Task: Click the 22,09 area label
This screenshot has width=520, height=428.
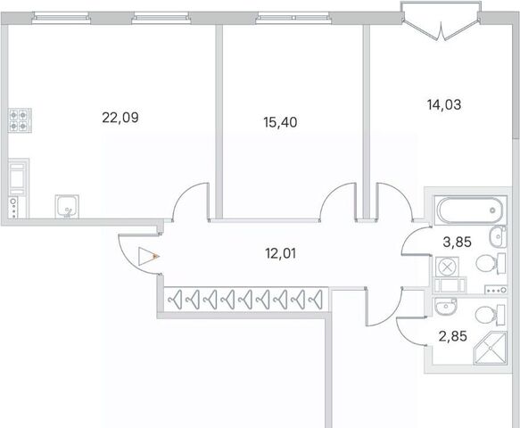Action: click(x=120, y=118)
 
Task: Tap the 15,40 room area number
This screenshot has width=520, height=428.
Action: click(x=280, y=122)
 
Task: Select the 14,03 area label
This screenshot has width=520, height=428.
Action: click(x=444, y=104)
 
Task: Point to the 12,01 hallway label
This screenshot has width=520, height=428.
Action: click(x=281, y=253)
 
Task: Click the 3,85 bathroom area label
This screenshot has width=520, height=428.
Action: click(x=457, y=243)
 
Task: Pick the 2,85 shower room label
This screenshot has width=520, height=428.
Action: click(x=453, y=336)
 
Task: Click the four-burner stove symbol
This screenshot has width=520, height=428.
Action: click(x=20, y=120)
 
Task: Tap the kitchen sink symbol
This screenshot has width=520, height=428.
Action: click(x=67, y=206)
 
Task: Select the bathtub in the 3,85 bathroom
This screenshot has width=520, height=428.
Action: click(x=469, y=210)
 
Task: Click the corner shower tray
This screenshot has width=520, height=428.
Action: click(x=491, y=348)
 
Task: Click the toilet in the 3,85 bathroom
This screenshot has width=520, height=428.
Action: click(x=491, y=264)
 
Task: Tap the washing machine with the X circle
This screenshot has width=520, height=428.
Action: click(x=448, y=267)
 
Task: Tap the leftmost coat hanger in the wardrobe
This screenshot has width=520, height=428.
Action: click(x=175, y=300)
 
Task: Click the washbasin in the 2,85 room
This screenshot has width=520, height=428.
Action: click(x=445, y=306)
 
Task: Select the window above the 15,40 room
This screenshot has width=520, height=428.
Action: click(x=293, y=17)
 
